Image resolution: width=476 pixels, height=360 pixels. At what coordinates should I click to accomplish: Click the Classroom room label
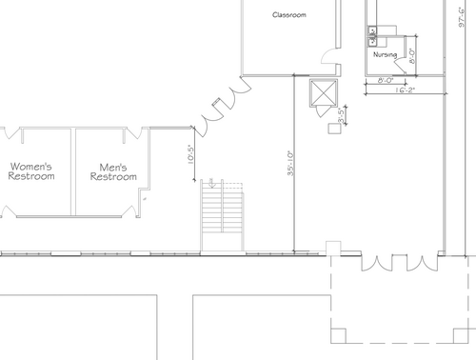(289, 14)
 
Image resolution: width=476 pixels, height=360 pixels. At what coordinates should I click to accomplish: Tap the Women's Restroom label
(31, 171)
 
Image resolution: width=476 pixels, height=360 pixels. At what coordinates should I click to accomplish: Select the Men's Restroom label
(113, 171)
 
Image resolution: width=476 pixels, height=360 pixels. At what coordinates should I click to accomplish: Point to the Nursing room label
(385, 54)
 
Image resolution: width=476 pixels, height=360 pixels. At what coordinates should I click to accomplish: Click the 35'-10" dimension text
(290, 163)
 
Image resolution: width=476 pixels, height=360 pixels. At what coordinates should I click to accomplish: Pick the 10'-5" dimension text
(190, 154)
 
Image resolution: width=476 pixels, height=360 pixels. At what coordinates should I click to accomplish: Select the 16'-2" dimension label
(405, 90)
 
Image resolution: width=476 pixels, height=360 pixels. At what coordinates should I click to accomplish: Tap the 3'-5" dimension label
(341, 115)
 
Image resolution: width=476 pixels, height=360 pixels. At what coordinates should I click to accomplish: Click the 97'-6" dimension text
(462, 17)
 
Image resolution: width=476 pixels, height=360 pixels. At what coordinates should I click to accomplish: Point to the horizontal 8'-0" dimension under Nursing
(386, 80)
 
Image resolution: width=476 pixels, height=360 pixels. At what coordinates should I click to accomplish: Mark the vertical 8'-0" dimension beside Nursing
(412, 56)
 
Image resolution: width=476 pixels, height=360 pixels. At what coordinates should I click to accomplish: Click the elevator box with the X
(324, 92)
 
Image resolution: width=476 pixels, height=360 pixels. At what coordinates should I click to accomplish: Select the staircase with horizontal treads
(222, 216)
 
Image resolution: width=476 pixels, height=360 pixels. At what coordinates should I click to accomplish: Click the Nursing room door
(400, 66)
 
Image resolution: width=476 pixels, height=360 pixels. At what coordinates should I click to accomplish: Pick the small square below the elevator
(334, 129)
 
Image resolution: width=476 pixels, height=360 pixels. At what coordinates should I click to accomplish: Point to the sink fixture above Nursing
(372, 36)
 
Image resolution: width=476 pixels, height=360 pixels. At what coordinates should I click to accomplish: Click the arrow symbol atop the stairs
(211, 183)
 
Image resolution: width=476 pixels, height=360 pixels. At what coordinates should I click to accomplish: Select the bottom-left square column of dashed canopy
(338, 335)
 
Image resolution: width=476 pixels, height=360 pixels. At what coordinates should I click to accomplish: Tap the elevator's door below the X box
(321, 111)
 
